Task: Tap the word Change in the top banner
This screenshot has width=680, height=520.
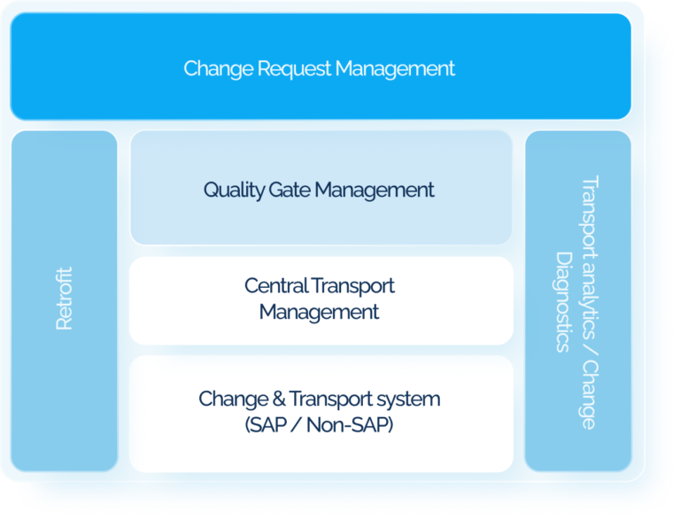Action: click(x=211, y=68)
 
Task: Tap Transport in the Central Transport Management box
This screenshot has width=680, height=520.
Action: click(x=353, y=286)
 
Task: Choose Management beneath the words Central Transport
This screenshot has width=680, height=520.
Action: click(x=320, y=312)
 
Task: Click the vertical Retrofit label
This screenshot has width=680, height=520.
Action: click(x=65, y=299)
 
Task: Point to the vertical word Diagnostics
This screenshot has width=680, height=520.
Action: click(x=562, y=301)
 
